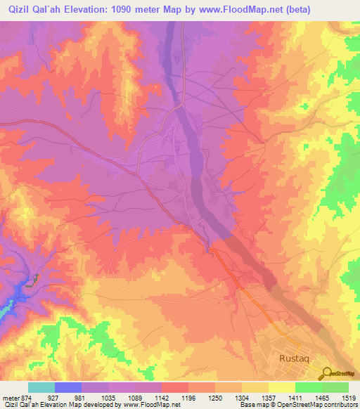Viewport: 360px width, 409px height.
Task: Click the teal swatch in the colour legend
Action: pyautogui.click(x=41, y=387)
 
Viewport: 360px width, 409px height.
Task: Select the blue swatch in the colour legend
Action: pyautogui.click(x=68, y=387)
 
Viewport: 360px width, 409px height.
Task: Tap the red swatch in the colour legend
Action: pyautogui.click(x=175, y=387)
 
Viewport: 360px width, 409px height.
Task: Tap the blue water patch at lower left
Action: pyautogui.click(x=7, y=308)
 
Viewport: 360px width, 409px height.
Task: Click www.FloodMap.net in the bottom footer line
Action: pyautogui.click(x=144, y=405)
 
